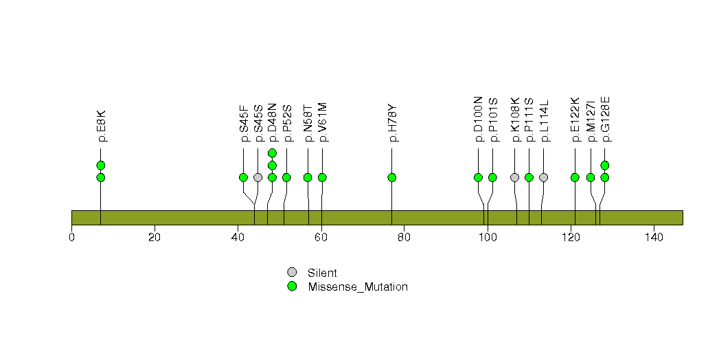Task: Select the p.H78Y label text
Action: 393,123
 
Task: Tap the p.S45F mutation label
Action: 244,123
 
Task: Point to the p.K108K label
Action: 516,120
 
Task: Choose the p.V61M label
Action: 323,122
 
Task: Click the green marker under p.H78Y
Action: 391,177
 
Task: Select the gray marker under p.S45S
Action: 258,177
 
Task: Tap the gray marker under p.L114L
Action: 543,177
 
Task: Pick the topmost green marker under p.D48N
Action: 272,153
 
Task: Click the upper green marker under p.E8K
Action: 101,165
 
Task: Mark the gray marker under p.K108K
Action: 514,177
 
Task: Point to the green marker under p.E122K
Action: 575,177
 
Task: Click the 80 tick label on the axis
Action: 404,238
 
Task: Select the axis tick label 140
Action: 654,238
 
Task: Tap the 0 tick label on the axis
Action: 71,238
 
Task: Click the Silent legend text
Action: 322,273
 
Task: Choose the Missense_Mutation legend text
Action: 358,287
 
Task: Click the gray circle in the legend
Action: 292,273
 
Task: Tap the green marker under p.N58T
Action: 308,177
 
